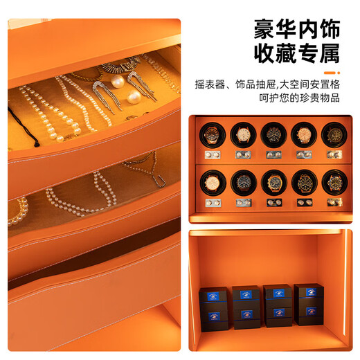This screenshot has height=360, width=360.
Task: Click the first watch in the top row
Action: (x=213, y=135)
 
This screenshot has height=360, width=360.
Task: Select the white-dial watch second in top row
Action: (x=243, y=135)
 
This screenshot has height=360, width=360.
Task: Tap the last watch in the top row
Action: (x=334, y=135)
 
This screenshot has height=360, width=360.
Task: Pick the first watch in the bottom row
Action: (x=213, y=183)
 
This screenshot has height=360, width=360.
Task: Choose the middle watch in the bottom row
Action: (x=274, y=183)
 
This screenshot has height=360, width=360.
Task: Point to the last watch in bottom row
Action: (x=334, y=183)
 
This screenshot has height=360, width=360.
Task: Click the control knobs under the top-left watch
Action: (x=213, y=155)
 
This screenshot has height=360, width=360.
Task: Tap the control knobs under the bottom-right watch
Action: (x=334, y=202)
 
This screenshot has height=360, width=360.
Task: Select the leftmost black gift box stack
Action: (x=214, y=309)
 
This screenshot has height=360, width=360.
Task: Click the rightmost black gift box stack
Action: (x=309, y=305)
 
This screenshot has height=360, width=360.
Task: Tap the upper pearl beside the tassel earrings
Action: (x=118, y=81)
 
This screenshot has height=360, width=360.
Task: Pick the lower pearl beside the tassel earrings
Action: (x=134, y=97)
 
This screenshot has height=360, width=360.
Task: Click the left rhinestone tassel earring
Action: (x=106, y=97)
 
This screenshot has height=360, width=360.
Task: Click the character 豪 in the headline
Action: (x=265, y=30)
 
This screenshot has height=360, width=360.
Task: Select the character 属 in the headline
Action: (x=330, y=53)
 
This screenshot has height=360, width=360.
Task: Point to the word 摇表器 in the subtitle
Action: (x=210, y=84)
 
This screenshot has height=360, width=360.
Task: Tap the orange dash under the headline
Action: (x=330, y=73)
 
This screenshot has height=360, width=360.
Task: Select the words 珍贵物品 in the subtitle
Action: (x=320, y=98)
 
